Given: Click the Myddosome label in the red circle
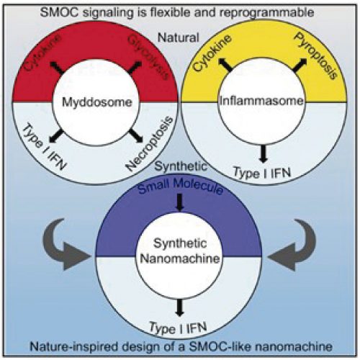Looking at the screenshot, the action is click(x=97, y=102).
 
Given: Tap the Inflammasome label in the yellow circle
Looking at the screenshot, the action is click(x=262, y=101).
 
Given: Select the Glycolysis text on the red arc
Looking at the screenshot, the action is click(x=148, y=58).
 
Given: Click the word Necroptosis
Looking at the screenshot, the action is click(x=150, y=143).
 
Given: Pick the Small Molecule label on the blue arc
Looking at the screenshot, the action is click(x=181, y=186).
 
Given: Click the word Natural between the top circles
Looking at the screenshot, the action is click(x=179, y=37).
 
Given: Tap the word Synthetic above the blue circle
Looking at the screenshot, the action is click(x=181, y=166).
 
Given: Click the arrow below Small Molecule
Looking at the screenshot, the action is click(x=180, y=202).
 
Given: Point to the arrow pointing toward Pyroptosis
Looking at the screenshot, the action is click(x=300, y=65).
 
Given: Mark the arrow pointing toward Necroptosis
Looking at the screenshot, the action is click(x=136, y=135).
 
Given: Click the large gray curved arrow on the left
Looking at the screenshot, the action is click(x=65, y=246).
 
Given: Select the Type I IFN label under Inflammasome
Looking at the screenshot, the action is click(x=262, y=173).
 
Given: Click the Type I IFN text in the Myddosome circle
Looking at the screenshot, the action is click(x=44, y=147).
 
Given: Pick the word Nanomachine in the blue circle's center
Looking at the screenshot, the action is click(x=180, y=258).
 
